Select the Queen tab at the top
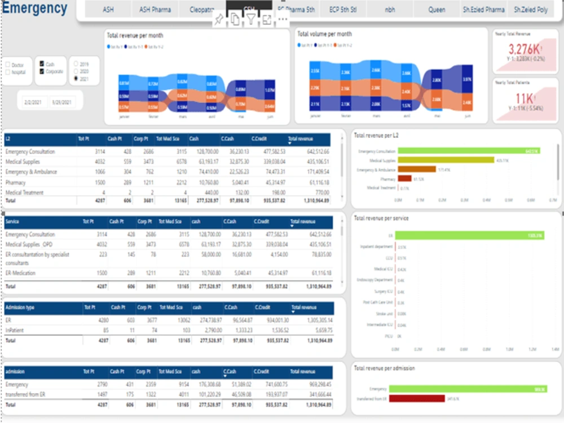click(437, 10)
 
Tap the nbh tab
click(390, 10)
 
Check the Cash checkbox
click(42, 64)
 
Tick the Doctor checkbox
click(8, 65)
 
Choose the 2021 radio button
click(76, 79)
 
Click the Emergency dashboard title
click(35, 9)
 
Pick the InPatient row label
click(14, 330)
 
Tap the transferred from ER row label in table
click(25, 394)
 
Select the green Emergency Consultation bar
click(468, 151)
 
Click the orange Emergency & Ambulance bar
click(417, 169)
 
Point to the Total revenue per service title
click(381, 218)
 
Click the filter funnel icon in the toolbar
click(250, 20)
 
